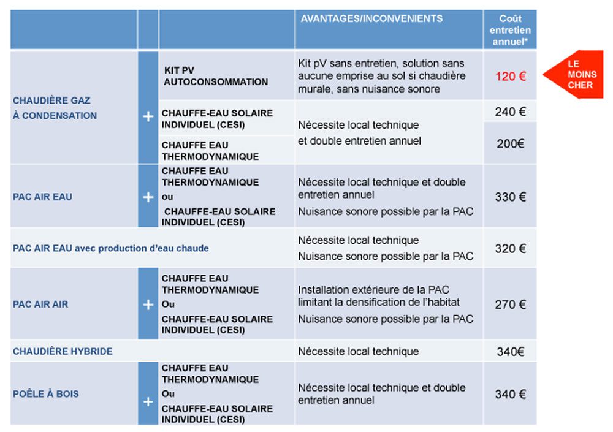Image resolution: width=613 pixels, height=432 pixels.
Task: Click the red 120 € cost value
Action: (x=510, y=77)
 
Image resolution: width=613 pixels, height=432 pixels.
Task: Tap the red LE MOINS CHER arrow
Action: (x=576, y=75)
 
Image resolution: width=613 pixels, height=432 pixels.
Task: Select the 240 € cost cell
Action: (x=510, y=112)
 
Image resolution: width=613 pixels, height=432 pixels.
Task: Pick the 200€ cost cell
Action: (x=510, y=144)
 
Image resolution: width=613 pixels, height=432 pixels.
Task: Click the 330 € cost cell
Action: (x=510, y=197)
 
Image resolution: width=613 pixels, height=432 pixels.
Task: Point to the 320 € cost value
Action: (x=510, y=249)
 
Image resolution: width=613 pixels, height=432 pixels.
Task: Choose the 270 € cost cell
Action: (x=510, y=305)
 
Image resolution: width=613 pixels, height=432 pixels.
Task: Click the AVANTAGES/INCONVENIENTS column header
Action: (x=371, y=19)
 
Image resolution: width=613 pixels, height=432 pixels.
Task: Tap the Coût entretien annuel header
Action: (x=510, y=30)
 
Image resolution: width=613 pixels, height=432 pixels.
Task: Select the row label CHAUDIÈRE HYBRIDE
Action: (x=63, y=352)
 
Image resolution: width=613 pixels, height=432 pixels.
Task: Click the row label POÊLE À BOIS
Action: (x=46, y=394)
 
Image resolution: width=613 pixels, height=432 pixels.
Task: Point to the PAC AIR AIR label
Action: (x=40, y=305)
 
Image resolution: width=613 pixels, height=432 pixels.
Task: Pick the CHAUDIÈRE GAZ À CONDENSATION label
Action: (x=55, y=108)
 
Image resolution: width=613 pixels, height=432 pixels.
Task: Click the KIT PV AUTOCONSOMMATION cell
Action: (x=215, y=76)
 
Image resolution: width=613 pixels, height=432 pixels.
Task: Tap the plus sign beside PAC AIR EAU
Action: (x=148, y=197)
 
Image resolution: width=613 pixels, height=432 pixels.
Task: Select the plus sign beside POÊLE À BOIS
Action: (x=148, y=401)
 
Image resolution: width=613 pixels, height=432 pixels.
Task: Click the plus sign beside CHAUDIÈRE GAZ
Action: (x=148, y=116)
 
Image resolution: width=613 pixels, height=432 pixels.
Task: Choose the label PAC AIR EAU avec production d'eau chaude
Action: (x=111, y=248)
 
